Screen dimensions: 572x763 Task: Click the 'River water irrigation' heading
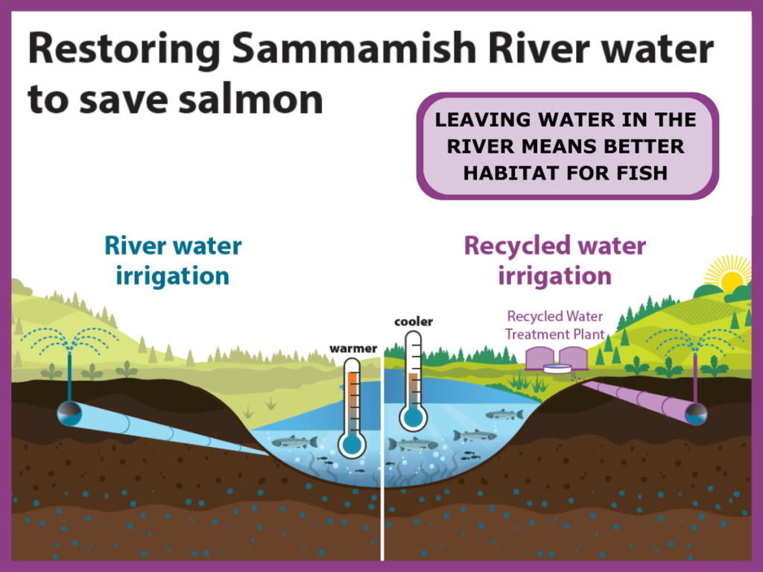[x=173, y=261]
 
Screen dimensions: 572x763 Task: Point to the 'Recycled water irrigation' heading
[x=554, y=261]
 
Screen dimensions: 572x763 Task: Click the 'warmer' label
[x=354, y=349]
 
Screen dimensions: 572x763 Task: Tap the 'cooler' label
[x=413, y=322]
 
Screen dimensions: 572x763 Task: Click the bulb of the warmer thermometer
[x=352, y=445]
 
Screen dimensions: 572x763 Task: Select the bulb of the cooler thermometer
[x=412, y=417]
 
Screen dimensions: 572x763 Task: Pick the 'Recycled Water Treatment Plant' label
[x=555, y=325]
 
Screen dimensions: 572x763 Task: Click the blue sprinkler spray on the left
[x=69, y=341]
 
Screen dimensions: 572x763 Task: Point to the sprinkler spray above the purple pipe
[x=695, y=341]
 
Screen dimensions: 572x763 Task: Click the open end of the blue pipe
[x=69, y=414]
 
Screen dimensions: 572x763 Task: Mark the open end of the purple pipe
[x=697, y=413]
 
